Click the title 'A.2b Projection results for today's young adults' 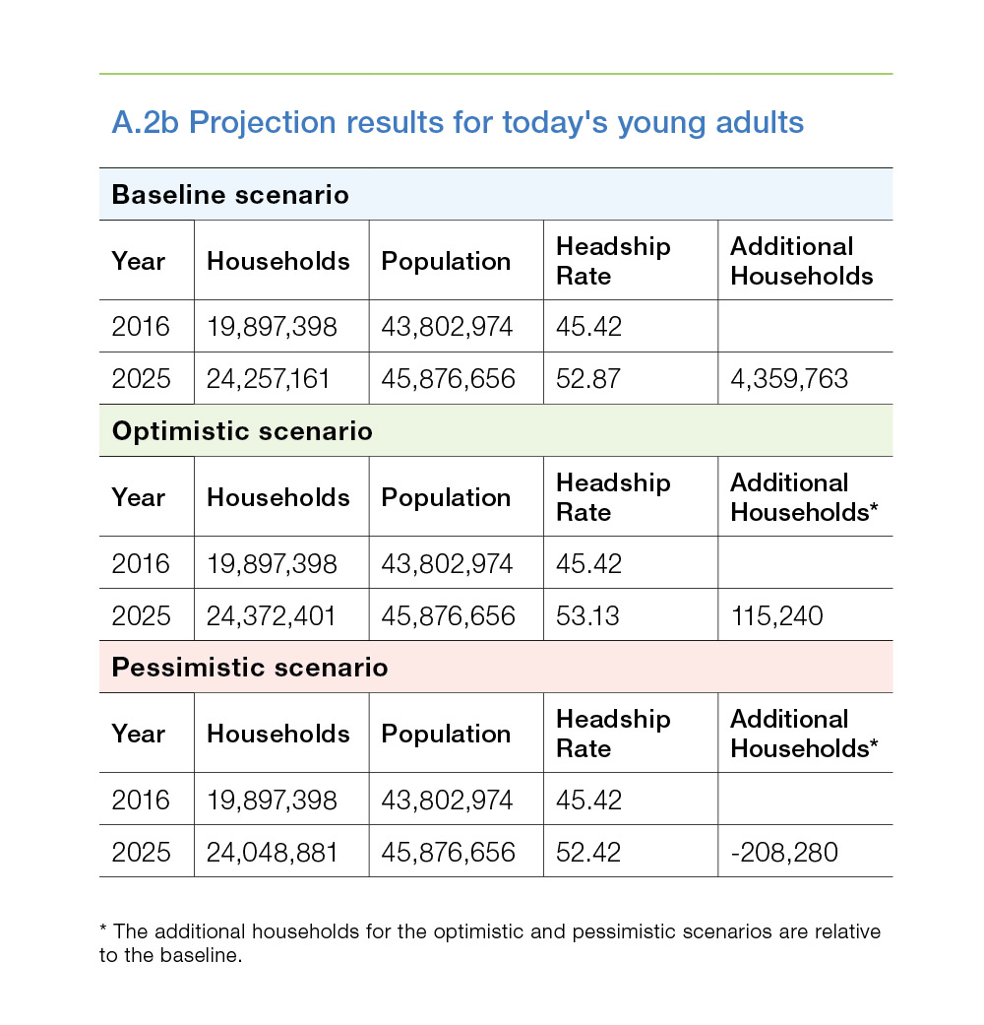[458, 123]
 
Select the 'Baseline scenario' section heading [230, 195]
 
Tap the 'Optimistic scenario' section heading [242, 431]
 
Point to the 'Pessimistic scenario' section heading [250, 668]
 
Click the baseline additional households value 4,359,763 [788, 379]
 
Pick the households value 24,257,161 [268, 379]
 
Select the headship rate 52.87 [588, 379]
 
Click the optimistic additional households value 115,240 [777, 615]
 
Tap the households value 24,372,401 [271, 615]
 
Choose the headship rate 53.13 [587, 615]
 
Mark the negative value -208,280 [784, 853]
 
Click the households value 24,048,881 [272, 853]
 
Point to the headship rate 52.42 [588, 853]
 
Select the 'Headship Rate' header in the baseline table [613, 261]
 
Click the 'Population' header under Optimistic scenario [446, 497]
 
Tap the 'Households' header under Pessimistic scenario [278, 734]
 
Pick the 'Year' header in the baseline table [138, 261]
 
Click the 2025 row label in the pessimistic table [141, 853]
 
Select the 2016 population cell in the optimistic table [447, 563]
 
